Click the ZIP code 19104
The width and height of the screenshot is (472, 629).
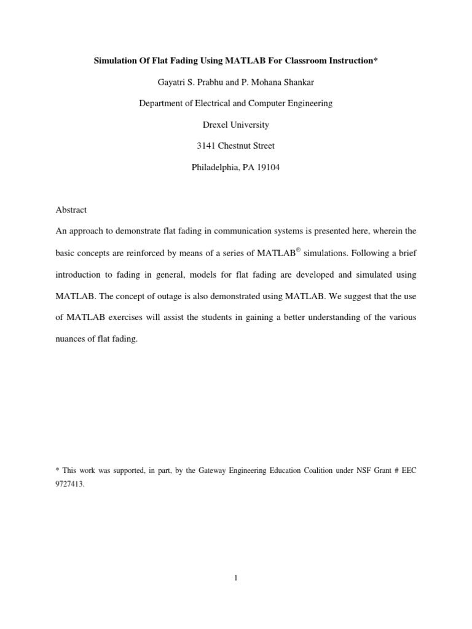(x=267, y=167)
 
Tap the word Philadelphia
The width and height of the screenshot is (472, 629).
(x=215, y=167)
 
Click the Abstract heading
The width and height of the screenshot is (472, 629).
(x=71, y=209)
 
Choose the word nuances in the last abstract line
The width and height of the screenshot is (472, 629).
(x=71, y=338)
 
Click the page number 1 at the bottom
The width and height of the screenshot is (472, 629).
(x=236, y=577)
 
